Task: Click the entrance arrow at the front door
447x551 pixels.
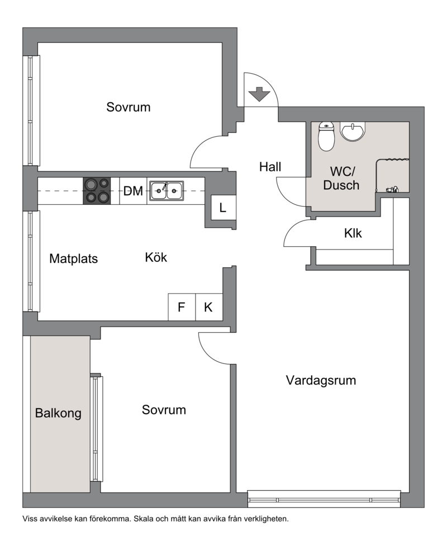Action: click(259, 94)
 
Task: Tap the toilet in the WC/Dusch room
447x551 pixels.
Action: click(326, 136)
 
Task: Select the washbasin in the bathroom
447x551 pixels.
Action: click(353, 132)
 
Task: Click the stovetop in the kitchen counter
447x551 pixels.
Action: click(97, 191)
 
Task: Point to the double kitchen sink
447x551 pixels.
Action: click(167, 191)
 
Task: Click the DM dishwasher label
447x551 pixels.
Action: click(133, 191)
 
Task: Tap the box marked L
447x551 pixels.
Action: click(222, 208)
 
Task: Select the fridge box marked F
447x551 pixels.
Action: click(182, 307)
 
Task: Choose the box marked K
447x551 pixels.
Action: click(208, 307)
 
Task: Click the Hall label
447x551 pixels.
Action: click(270, 166)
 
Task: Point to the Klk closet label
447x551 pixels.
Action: click(353, 233)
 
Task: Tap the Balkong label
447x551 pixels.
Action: click(58, 413)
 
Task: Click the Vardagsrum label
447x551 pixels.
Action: click(321, 380)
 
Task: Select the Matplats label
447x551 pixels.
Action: click(74, 258)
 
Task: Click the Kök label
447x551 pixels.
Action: click(156, 257)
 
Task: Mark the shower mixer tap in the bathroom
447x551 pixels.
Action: click(392, 189)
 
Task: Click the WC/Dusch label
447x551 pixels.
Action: click(341, 178)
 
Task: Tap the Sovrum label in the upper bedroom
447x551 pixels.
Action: click(129, 107)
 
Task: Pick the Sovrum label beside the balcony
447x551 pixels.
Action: click(164, 410)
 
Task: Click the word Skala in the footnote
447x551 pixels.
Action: click(143, 519)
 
